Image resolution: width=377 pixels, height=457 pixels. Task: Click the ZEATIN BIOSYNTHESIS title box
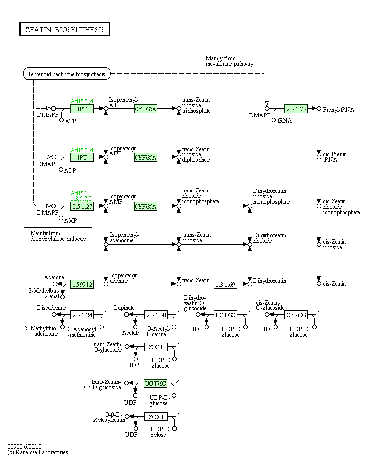(x=65, y=29)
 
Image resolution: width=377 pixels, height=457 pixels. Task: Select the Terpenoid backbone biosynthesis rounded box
(x=67, y=74)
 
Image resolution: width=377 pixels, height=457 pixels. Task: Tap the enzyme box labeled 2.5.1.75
(x=296, y=109)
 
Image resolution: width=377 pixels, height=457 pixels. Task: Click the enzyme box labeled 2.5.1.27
(x=82, y=206)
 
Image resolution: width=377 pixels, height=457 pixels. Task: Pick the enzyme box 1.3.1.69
(x=225, y=284)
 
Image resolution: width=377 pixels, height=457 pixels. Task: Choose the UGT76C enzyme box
(x=155, y=383)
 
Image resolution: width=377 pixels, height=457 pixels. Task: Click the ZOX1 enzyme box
(x=156, y=417)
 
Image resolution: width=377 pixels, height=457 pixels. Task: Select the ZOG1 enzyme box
(x=156, y=347)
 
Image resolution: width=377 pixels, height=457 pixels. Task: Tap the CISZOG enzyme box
(x=296, y=315)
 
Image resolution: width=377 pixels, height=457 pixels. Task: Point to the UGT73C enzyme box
(x=225, y=315)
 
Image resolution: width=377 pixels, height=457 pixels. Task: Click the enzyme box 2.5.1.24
(x=82, y=315)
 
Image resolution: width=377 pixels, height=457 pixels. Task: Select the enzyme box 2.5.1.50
(x=156, y=315)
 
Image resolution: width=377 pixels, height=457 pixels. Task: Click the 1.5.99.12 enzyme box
(x=82, y=284)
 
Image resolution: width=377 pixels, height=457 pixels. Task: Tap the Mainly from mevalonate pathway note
(x=230, y=61)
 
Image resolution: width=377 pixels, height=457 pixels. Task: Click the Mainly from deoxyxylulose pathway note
(x=58, y=236)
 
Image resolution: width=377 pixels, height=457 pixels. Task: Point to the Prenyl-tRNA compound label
(x=339, y=110)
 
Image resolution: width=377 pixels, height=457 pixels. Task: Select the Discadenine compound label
(x=52, y=308)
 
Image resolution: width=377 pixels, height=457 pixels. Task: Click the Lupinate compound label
(x=124, y=308)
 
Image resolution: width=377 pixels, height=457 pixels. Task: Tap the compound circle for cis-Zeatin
(x=319, y=284)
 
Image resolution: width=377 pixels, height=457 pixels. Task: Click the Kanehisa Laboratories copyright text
(x=38, y=452)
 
